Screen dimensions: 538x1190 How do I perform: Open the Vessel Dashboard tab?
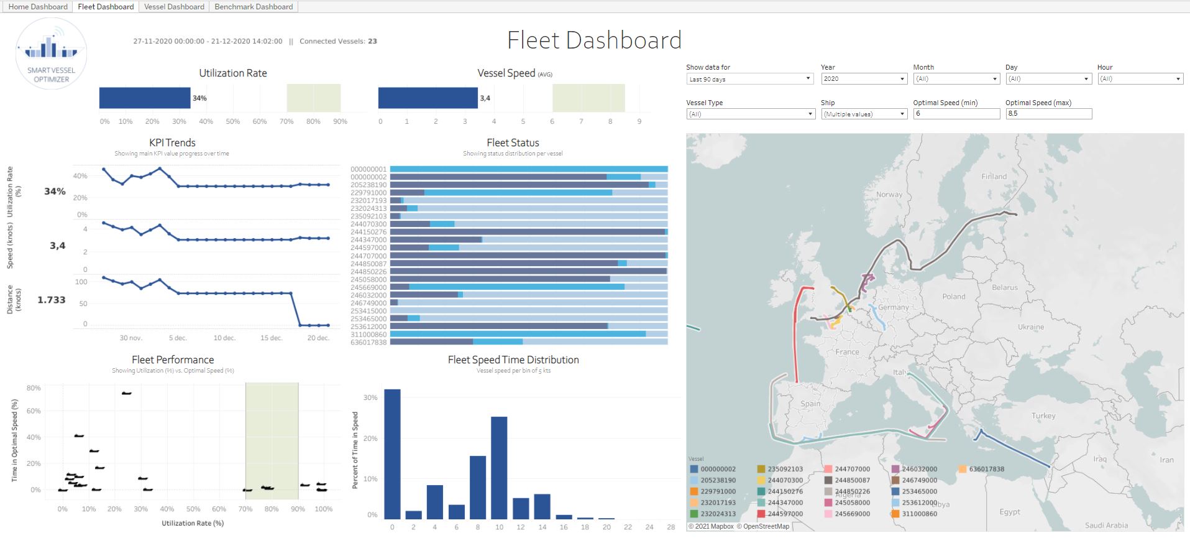tap(174, 7)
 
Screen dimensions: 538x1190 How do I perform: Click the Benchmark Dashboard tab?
tap(254, 7)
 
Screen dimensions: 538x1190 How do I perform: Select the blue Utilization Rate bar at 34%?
tap(145, 98)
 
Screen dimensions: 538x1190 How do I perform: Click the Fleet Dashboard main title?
tap(594, 40)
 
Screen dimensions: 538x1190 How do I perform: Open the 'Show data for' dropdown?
tap(749, 79)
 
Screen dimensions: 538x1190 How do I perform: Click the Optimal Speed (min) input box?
tap(956, 114)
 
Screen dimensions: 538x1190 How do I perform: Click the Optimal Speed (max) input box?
tap(1048, 114)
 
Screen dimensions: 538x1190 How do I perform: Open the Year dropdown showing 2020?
tap(864, 79)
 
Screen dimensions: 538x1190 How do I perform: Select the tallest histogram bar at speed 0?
tap(392, 454)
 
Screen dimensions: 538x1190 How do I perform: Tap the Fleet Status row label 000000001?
tap(368, 169)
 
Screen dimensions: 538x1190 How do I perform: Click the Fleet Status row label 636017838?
tap(368, 342)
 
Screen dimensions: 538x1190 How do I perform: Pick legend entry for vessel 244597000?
tap(785, 514)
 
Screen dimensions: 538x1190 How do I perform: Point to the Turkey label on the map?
tap(1043, 415)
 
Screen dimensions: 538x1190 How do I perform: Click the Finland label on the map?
tap(994, 177)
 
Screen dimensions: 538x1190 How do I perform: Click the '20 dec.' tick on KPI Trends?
tap(318, 338)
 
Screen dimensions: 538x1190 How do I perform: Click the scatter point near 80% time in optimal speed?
tap(126, 393)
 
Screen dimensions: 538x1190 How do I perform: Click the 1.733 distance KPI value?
tap(52, 300)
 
